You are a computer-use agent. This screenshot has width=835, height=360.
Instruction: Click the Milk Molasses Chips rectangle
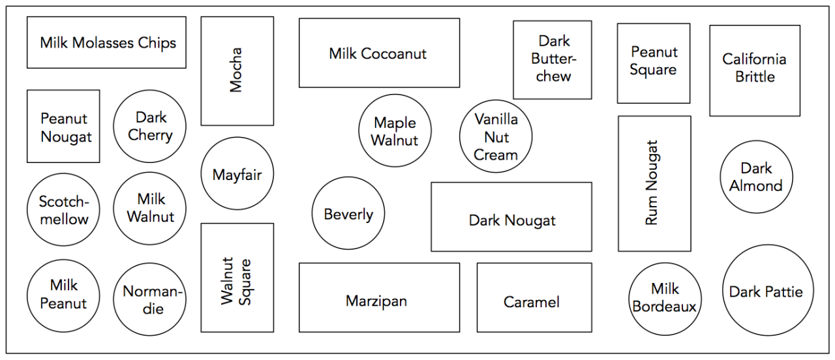coord(106,42)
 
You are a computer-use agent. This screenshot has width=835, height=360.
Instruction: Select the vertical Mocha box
coord(237,70)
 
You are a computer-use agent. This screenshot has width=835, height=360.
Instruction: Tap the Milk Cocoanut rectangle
coord(379,53)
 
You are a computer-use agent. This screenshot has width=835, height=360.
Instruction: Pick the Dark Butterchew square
coord(552,59)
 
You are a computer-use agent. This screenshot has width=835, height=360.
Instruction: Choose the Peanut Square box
coord(653,63)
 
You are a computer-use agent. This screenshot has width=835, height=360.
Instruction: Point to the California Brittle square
coord(755,70)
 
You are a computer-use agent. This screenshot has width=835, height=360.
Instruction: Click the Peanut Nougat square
coord(63,126)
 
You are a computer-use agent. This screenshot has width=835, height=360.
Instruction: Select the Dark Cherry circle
coord(149,126)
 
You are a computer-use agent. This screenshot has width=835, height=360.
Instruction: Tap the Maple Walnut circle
coord(395,131)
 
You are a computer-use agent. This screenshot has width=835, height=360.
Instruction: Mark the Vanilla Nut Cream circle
coord(496,136)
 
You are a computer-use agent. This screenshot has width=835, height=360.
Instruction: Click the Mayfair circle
coord(237,173)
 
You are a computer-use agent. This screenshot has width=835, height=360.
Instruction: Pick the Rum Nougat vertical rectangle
coord(654,183)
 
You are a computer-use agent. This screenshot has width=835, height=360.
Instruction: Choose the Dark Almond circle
coord(756,177)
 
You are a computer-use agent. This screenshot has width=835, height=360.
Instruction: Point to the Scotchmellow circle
coord(63,210)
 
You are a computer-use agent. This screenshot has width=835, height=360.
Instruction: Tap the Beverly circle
coord(348,214)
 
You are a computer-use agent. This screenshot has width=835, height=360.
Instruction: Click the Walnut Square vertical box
coord(237,277)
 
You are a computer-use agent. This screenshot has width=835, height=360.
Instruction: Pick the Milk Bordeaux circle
coord(664,299)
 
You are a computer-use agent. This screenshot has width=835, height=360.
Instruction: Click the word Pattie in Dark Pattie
coord(787,292)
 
